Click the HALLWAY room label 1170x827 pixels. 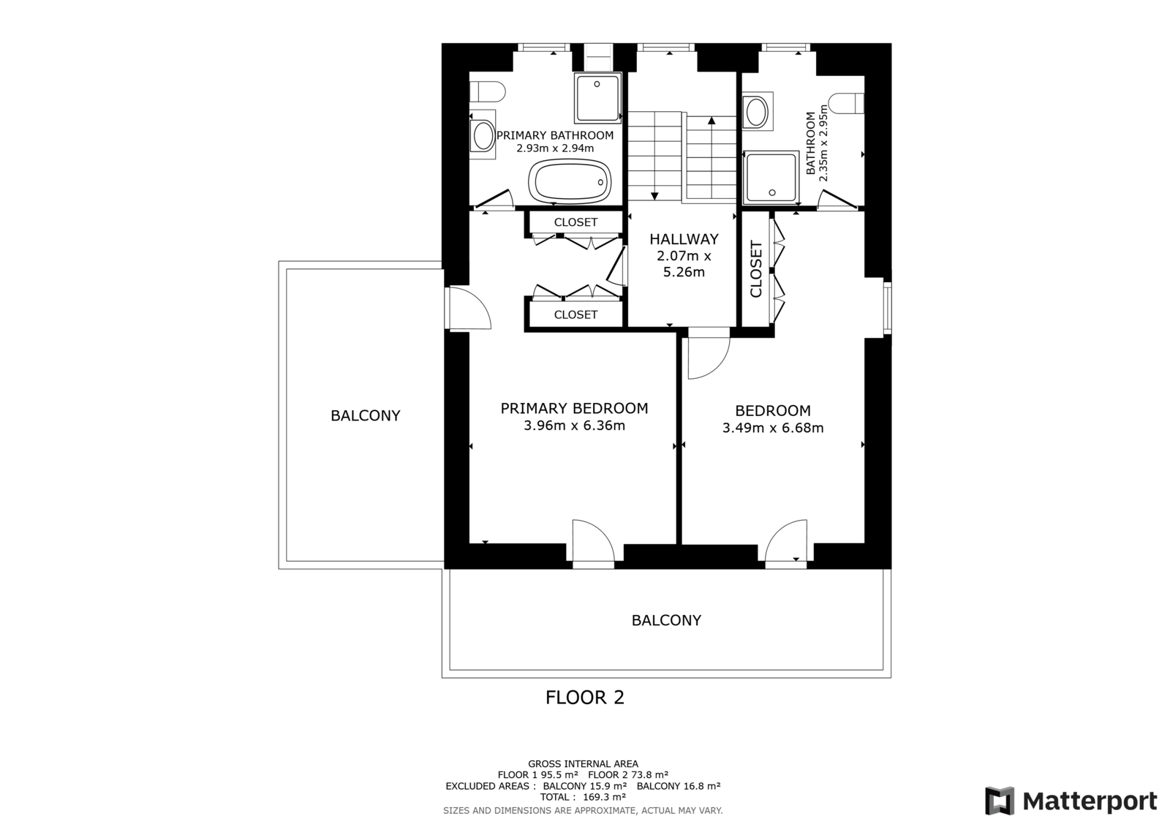(684, 239)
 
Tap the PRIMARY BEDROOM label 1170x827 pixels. (574, 409)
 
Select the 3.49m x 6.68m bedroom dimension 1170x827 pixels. (772, 428)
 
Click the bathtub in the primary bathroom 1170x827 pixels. (570, 180)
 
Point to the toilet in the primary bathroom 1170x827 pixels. (487, 91)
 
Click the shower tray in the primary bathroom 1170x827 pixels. (598, 98)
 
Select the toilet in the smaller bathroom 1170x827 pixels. (846, 103)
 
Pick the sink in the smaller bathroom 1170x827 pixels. (757, 111)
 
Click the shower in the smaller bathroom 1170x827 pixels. (771, 177)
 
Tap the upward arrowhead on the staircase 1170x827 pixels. (712, 121)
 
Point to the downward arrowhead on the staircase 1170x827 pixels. (654, 196)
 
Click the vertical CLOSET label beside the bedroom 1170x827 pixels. (756, 269)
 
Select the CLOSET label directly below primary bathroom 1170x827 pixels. (575, 222)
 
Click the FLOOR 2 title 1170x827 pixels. (584, 698)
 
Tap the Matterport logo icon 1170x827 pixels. (1000, 801)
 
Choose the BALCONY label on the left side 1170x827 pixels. (365, 416)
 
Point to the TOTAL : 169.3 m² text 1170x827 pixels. (583, 797)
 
